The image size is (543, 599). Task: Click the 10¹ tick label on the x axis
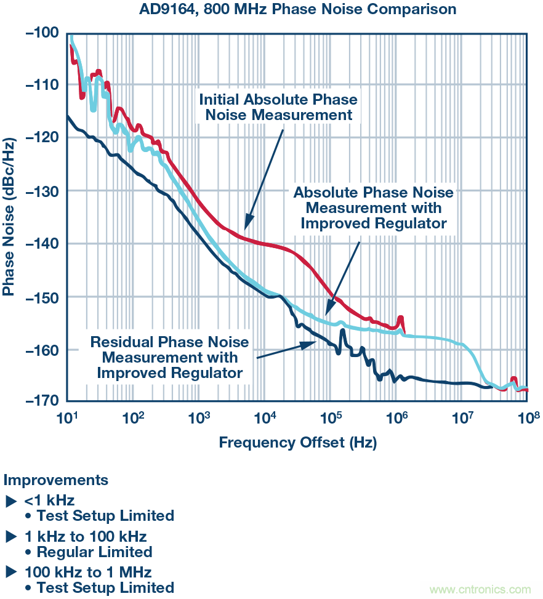tap(66, 419)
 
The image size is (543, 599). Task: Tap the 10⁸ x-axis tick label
tap(528, 419)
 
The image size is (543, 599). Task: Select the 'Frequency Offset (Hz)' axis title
tap(297, 442)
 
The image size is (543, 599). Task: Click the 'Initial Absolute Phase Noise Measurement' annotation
tap(278, 107)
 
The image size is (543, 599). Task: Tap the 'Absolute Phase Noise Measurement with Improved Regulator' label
tap(373, 208)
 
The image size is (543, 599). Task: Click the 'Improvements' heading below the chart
tap(56, 480)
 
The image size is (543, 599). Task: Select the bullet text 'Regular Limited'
tap(94, 552)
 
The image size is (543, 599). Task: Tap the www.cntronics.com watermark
tap(480, 589)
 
